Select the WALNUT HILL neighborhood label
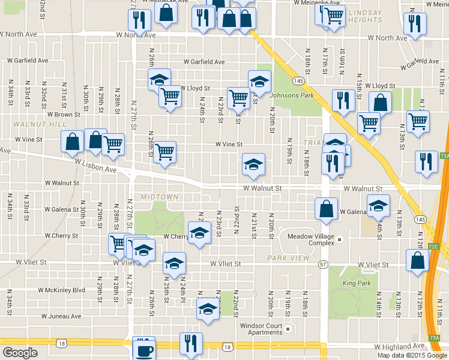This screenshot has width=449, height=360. (32, 124)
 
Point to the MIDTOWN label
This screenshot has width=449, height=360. (159, 197)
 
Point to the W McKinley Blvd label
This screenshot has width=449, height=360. (61, 290)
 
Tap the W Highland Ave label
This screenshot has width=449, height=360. (401, 347)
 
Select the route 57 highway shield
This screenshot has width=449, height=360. (324, 264)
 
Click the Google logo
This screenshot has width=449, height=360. (20, 353)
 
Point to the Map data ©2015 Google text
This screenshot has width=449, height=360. (412, 355)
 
